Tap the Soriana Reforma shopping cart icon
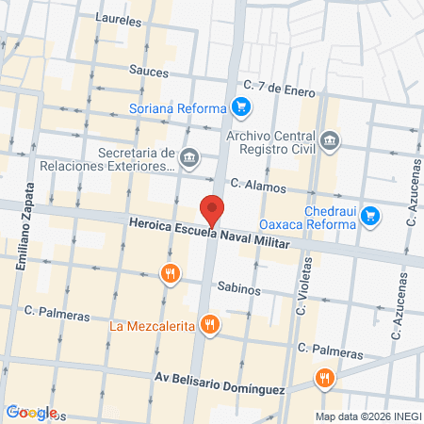(x=241, y=106)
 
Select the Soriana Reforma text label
(x=183, y=107)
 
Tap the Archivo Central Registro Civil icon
(x=330, y=142)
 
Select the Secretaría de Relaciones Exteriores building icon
(x=190, y=155)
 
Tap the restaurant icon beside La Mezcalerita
(x=210, y=326)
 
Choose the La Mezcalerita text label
(x=152, y=327)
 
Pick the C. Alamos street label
(x=257, y=188)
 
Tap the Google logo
(x=31, y=412)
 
